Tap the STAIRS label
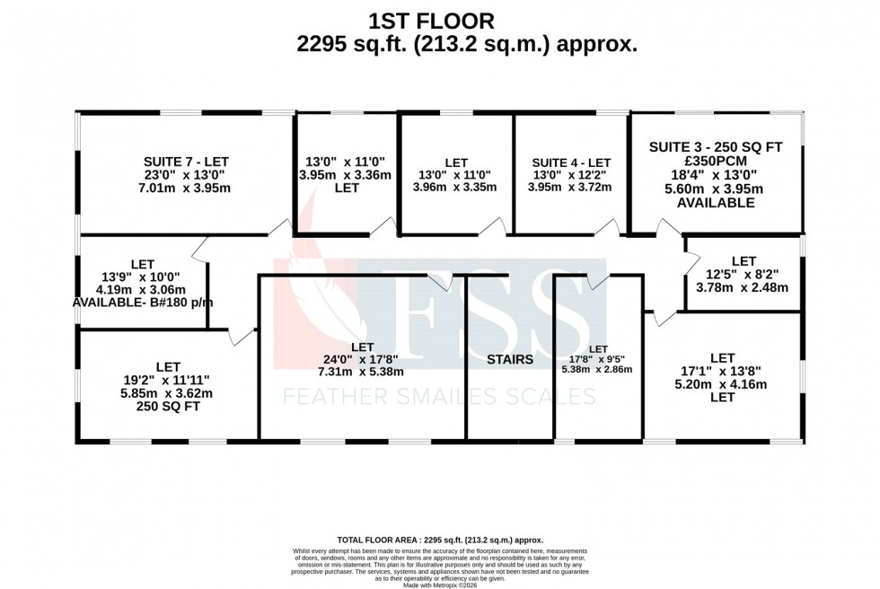click(510, 359)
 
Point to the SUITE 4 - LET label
click(571, 163)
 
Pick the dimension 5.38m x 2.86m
click(597, 369)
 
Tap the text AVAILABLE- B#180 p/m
click(142, 303)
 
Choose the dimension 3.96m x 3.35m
click(456, 188)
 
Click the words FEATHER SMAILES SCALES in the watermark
click(440, 396)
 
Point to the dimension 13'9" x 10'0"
click(142, 277)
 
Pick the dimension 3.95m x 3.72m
click(571, 188)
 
